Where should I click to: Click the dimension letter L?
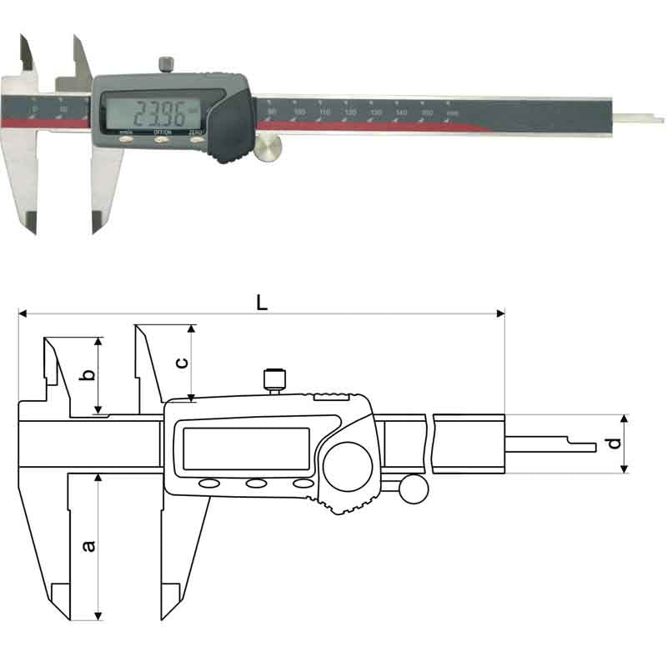[262, 303]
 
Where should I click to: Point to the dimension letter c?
[183, 362]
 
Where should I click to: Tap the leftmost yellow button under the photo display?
[127, 142]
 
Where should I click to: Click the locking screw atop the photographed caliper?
[167, 65]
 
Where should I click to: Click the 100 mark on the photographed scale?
[299, 111]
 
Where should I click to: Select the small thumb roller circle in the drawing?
[411, 489]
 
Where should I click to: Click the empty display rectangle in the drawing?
[246, 449]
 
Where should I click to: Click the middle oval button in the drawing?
[255, 484]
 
